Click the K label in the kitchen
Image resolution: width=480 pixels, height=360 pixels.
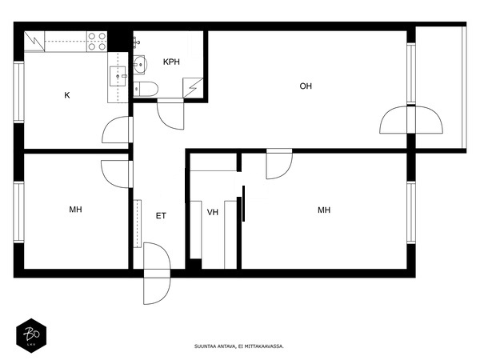67,95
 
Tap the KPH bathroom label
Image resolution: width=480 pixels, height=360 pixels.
171,62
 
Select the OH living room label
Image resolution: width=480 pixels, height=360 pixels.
306,86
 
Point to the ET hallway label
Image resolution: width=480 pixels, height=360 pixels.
161,215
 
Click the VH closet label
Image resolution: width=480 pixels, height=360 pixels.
213,212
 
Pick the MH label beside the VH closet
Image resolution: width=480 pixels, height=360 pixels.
324,210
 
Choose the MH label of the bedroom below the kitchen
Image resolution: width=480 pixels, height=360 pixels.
76,210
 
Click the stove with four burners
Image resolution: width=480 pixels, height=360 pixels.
97,41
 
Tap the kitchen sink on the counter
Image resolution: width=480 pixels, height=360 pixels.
118,77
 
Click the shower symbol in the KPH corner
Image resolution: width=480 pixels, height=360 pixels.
194,88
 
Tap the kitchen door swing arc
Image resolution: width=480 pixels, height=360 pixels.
117,130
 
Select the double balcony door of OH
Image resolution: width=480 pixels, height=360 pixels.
410,120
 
